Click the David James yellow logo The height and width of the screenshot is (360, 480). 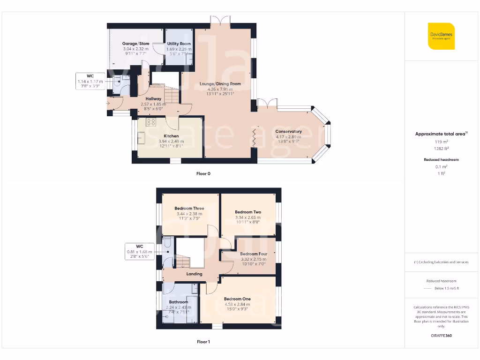(x=441, y=36)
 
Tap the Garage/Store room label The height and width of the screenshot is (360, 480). (x=135, y=44)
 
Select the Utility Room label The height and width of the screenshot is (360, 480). (x=179, y=44)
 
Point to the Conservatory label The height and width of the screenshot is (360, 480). (x=288, y=131)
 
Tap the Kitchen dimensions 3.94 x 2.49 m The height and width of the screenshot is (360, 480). (x=171, y=141)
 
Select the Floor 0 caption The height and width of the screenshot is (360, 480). (x=203, y=174)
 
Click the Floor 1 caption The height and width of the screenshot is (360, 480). (x=203, y=342)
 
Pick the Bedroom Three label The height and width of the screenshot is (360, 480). (x=189, y=209)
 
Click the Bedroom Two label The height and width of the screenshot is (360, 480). (x=248, y=212)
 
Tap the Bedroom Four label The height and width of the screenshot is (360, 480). (x=253, y=254)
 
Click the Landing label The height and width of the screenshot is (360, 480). (x=194, y=274)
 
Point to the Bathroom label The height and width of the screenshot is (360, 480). (x=178, y=302)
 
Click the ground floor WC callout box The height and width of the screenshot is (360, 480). (x=90, y=81)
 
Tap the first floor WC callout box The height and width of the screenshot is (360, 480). (x=139, y=251)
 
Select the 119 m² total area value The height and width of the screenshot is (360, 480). (x=441, y=141)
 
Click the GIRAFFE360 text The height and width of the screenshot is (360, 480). (x=441, y=335)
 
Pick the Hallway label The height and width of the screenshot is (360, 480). (x=153, y=99)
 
